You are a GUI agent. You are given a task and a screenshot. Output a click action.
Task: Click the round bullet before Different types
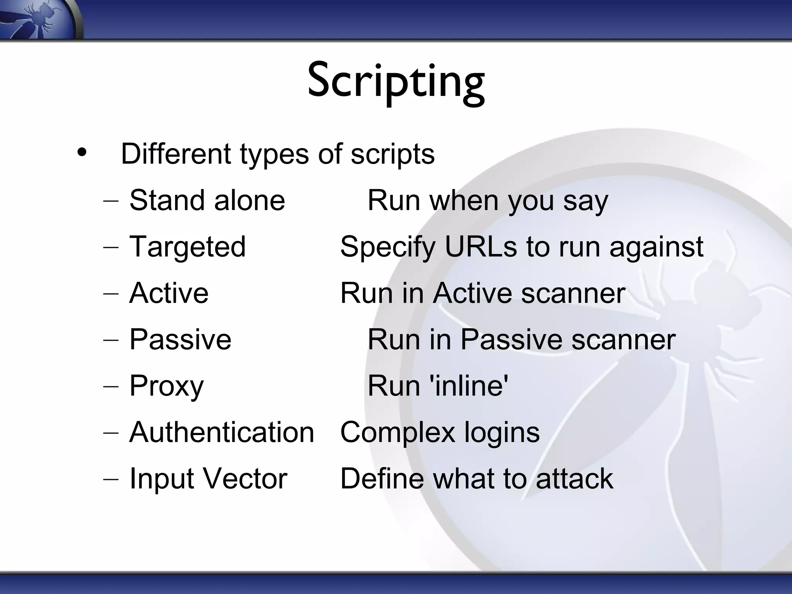point(82,152)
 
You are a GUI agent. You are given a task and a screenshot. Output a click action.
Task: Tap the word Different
point(176,154)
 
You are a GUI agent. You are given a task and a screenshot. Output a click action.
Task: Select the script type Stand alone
point(207,200)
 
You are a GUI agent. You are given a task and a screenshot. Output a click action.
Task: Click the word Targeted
point(188,247)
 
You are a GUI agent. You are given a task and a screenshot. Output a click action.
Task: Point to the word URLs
point(481,247)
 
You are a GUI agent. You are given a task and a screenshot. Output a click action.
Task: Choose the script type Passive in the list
point(180,340)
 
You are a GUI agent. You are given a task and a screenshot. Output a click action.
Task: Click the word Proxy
point(166,386)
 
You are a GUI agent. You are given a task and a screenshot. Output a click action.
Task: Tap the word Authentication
point(222,432)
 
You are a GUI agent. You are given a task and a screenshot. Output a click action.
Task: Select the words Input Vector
point(208,479)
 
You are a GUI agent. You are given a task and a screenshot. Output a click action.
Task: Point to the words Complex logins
point(440,432)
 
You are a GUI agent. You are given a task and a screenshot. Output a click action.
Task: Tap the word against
point(656,247)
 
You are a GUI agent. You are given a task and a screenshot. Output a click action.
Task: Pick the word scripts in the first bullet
point(392,154)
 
